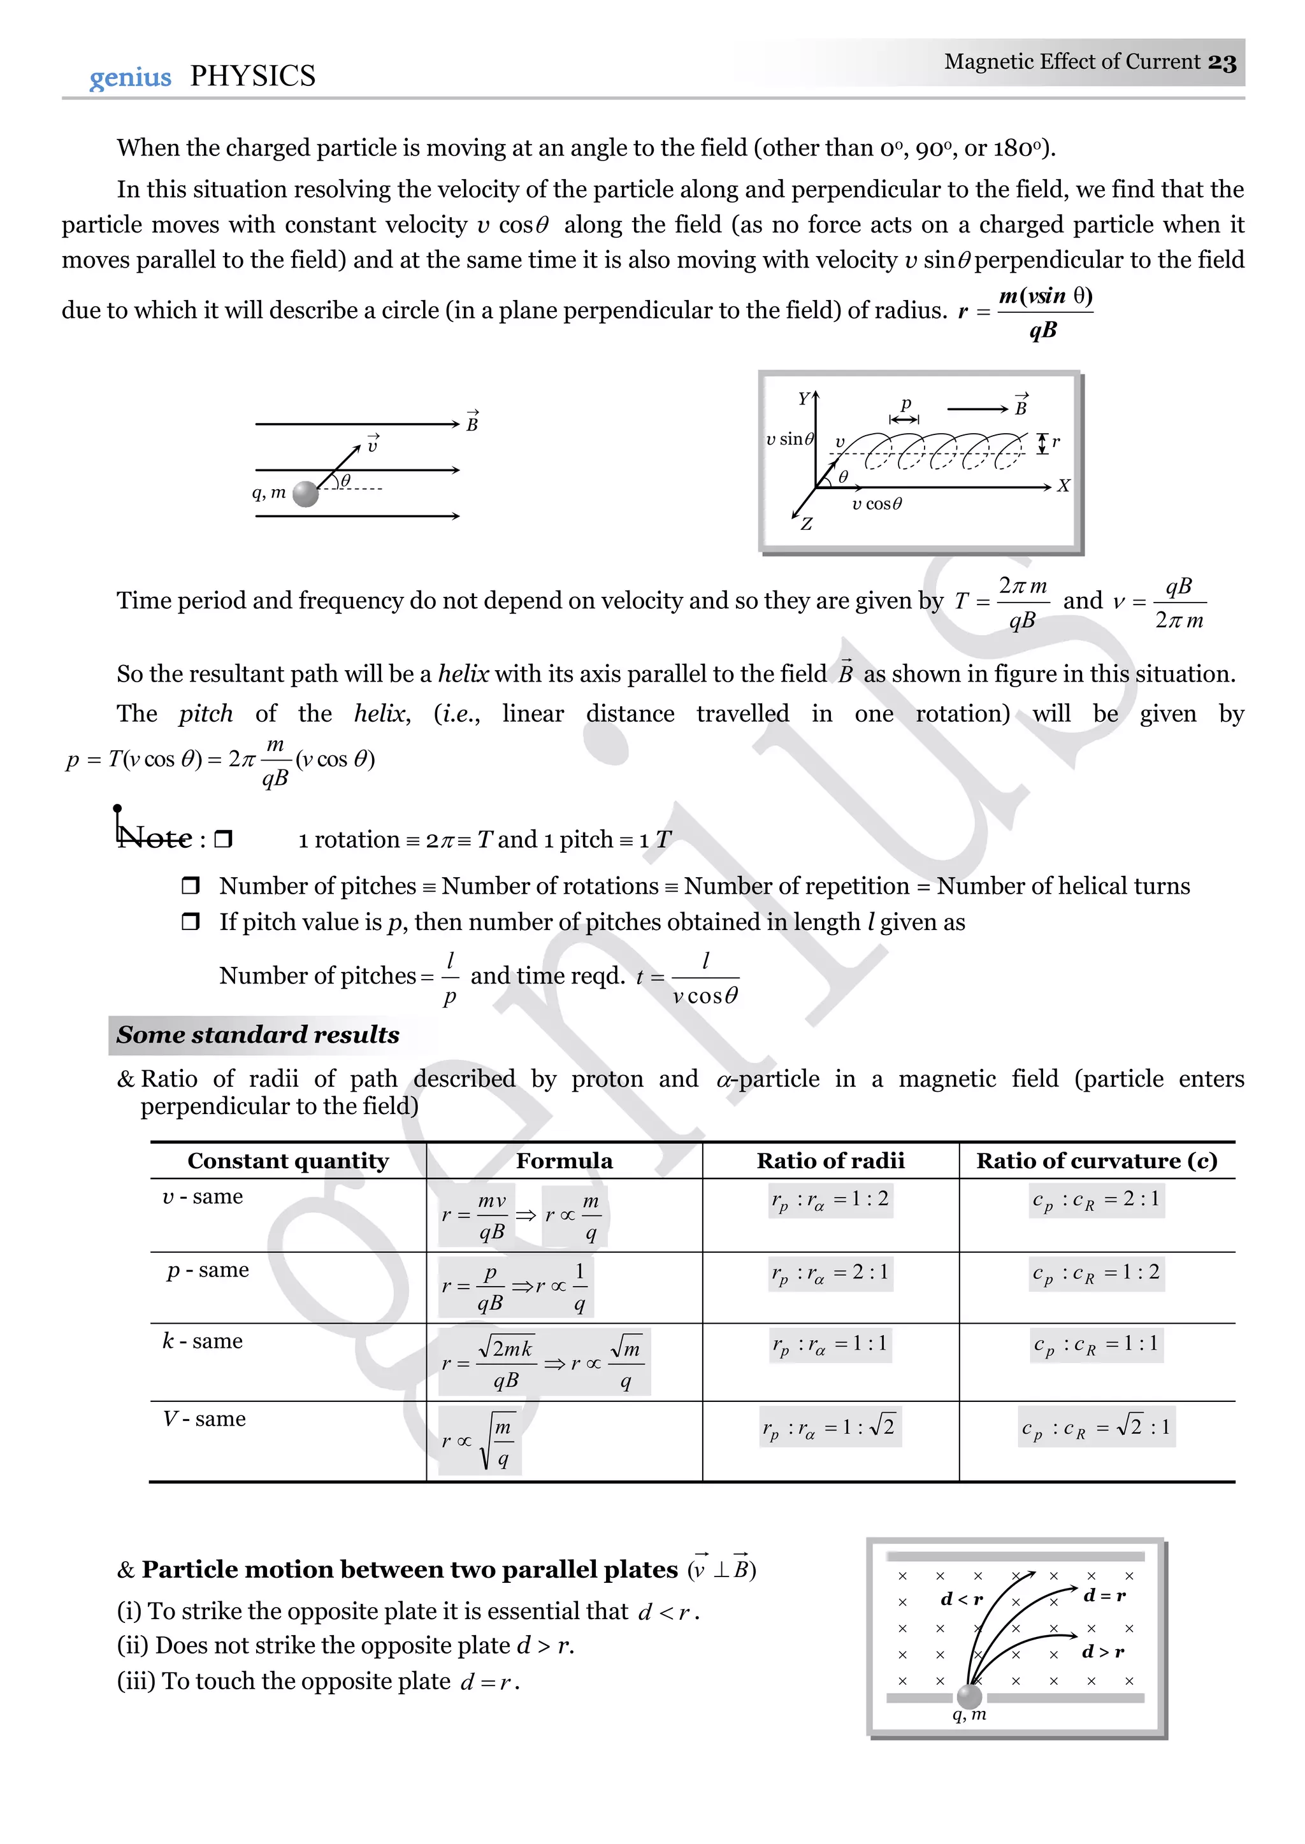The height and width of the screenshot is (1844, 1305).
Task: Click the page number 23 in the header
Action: [x=1222, y=62]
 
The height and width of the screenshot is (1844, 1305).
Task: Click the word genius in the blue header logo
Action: [x=130, y=78]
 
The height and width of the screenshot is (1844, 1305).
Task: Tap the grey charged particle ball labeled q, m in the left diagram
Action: [x=305, y=494]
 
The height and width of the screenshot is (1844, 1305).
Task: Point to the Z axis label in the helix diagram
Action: [x=806, y=524]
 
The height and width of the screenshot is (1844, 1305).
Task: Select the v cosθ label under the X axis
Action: [x=877, y=504]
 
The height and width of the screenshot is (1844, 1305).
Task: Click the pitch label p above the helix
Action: [x=905, y=403]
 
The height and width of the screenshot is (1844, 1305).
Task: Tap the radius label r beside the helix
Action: [x=1055, y=441]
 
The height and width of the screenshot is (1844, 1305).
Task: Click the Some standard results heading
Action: [x=257, y=1034]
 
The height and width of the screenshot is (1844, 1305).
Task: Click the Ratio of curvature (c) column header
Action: [x=1096, y=1161]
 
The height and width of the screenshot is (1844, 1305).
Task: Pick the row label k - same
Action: [x=203, y=1340]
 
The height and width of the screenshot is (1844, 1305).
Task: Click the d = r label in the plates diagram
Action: [x=1104, y=1595]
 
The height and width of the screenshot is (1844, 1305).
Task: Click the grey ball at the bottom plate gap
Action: [x=970, y=1696]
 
